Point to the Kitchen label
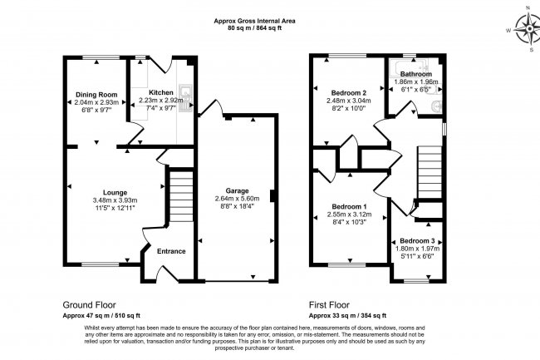[x=161, y=92]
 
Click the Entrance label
[x=171, y=251]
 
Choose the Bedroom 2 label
[x=349, y=92]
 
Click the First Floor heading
[x=332, y=305]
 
